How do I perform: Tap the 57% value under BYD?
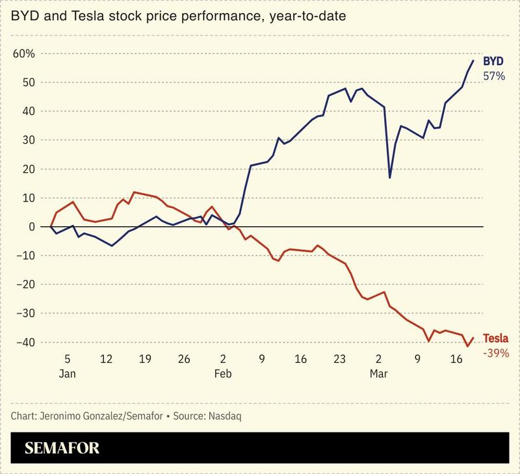[x=493, y=76]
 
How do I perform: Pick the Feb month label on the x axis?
[x=223, y=375]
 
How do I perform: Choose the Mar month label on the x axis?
[x=378, y=375]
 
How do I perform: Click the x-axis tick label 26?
[x=184, y=359]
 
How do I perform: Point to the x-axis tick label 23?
[x=339, y=359]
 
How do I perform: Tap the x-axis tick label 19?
[x=145, y=359]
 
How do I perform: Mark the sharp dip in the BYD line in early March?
[x=389, y=177]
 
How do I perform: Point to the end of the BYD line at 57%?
[x=473, y=60]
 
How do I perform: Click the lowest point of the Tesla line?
[x=467, y=346]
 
